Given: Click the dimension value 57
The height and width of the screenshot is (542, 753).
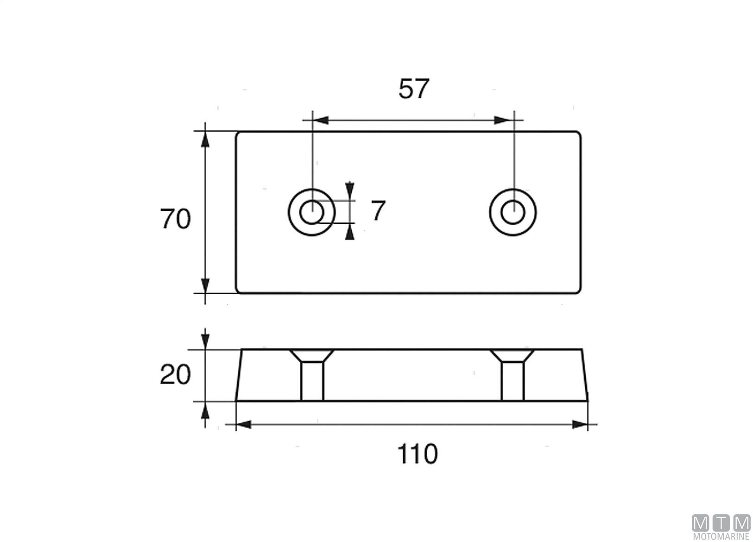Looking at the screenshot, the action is coord(414,88).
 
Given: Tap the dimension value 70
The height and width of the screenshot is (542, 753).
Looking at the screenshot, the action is coord(175,219).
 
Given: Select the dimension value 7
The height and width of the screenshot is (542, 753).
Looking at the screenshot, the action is coord(378,211).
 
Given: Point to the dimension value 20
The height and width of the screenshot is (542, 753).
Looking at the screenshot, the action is coord(175,375).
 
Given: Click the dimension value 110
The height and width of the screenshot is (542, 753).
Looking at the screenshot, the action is coord(418,454).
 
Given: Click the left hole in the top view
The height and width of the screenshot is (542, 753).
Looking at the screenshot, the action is coord(311,212).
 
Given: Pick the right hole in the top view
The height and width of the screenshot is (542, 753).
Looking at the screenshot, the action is coord(513,212).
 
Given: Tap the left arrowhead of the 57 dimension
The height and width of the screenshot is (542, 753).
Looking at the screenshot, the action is coord(321,120).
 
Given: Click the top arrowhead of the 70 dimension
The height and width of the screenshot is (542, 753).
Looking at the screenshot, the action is coord(205,139).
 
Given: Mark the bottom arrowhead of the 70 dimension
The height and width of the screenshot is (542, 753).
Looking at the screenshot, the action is coord(205,285).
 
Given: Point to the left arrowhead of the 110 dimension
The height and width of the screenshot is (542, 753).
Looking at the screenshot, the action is coord(244,424).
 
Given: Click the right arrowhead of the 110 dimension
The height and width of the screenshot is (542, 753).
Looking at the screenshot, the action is coord(580,424).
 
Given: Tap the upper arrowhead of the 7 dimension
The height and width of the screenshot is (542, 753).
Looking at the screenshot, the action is coord(350,189).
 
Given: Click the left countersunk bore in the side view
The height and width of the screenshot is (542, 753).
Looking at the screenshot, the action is coord(312,375).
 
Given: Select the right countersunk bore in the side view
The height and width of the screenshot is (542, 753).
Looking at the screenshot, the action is coord(513,375).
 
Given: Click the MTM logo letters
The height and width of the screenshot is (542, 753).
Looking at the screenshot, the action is coord(721,523).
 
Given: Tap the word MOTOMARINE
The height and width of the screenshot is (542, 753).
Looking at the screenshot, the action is coord(721,536).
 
